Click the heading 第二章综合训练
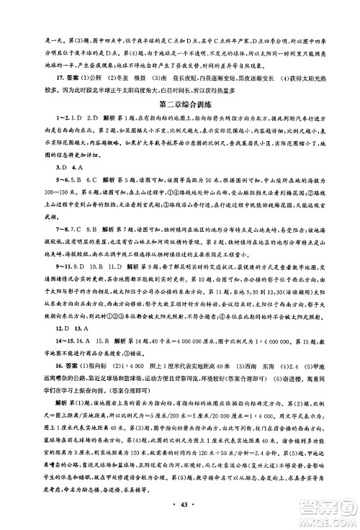180,105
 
